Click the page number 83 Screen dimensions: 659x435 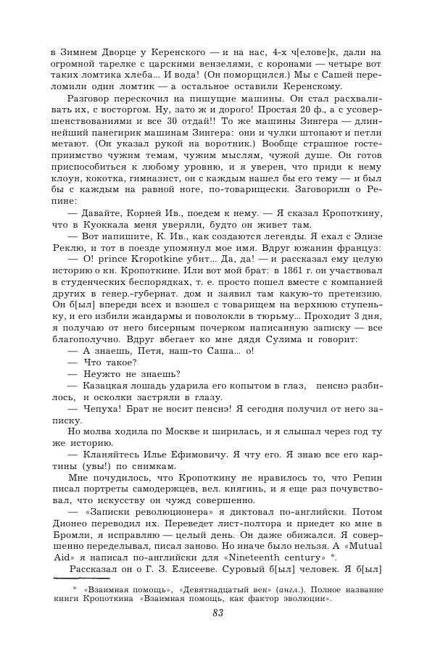pyautogui.click(x=217, y=613)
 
